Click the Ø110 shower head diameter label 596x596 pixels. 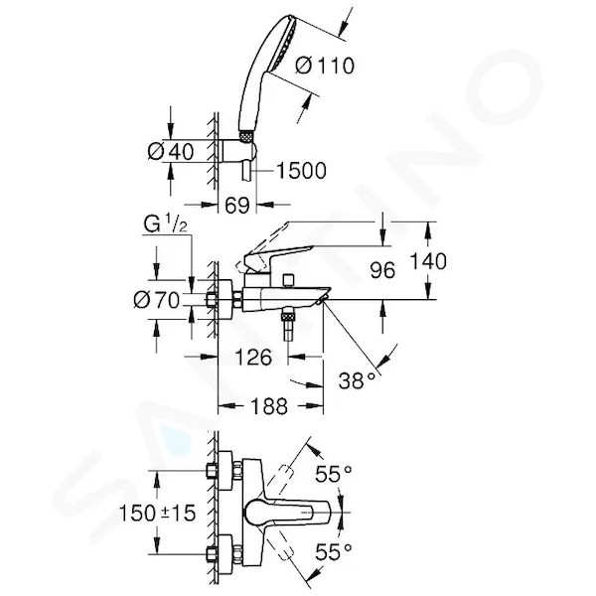[x=325, y=66]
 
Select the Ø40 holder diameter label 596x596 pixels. [x=171, y=152]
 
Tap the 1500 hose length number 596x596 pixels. [x=301, y=170]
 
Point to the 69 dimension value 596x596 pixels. [x=237, y=206]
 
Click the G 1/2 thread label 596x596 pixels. [x=166, y=224]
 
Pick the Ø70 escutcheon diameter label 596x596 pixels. [x=156, y=300]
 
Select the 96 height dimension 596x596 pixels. [x=382, y=270]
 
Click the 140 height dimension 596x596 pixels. [x=428, y=261]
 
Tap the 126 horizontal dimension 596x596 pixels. [x=253, y=357]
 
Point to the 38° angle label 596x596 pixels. [x=358, y=380]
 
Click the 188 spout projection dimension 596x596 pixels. [x=269, y=406]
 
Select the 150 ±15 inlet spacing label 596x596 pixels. [x=157, y=513]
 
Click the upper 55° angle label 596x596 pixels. [x=334, y=473]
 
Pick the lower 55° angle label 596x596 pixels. [x=334, y=551]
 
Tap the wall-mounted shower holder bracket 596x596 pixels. [x=238, y=152]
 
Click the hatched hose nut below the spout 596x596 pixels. [x=288, y=316]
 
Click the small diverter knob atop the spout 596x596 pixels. [x=289, y=280]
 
